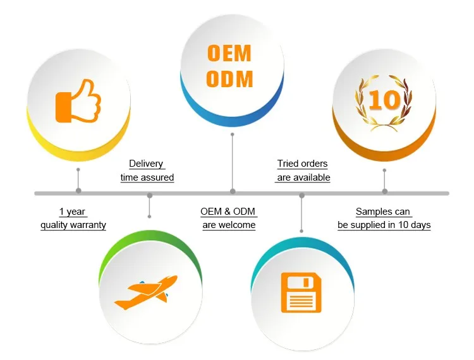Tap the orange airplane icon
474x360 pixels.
pos(145,294)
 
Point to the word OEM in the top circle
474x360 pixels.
pos(229,53)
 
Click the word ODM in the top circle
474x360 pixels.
pos(230,80)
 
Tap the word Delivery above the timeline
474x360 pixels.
pos(146,164)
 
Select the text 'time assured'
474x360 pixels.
pos(147,178)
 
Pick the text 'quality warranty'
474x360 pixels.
pos(73,225)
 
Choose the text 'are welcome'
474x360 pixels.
pos(229,225)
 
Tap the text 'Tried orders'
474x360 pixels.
pos(303,164)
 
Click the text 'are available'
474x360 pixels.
pos(303,178)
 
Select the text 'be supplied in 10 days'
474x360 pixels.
pos(384,225)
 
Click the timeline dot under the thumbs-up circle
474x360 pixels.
pos(78,191)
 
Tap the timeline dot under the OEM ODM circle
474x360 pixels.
pos(233,191)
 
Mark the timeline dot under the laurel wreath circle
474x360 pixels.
pos(385,191)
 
